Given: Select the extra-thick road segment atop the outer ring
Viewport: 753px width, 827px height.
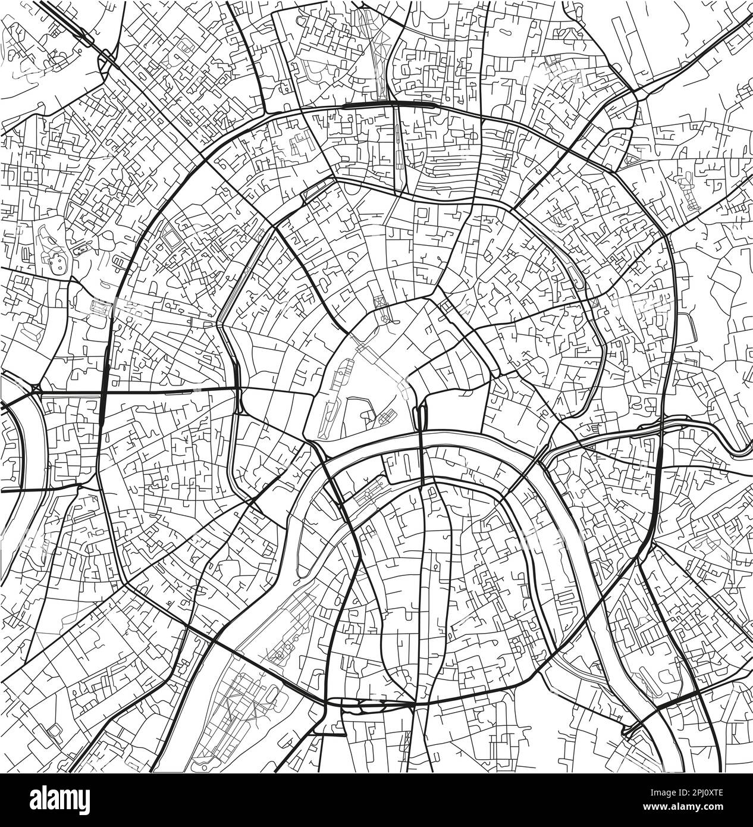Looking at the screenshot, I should click(x=369, y=104).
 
